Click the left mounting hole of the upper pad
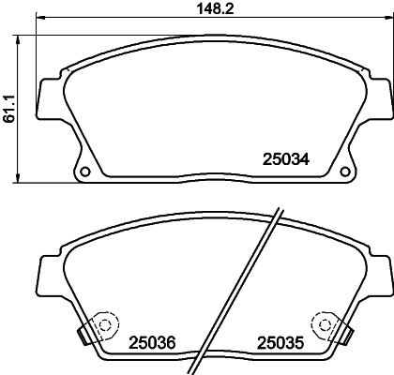point(84,172)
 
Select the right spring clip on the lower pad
point(344,330)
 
